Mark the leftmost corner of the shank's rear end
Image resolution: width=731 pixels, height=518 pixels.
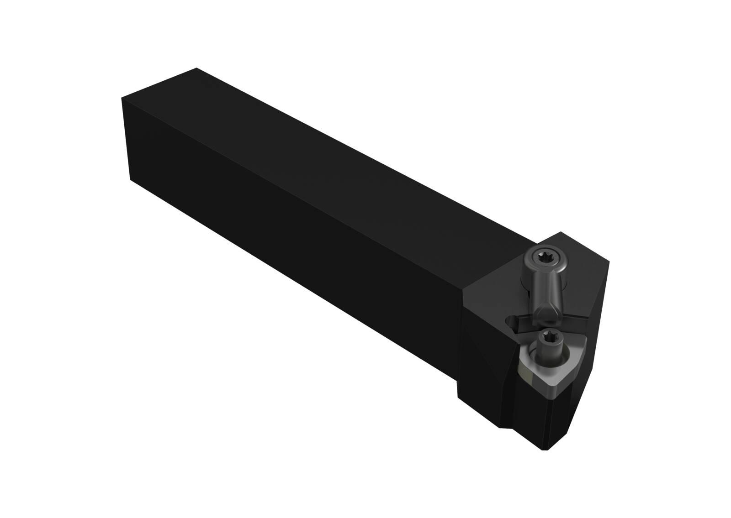pos(122,98)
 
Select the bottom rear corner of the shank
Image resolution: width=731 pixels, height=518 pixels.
pos(131,179)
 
